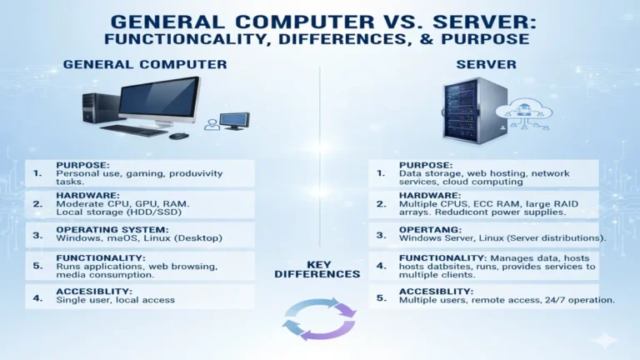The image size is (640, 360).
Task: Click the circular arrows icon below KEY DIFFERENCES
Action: [x=320, y=318]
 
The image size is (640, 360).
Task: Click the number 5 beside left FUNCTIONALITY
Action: [x=37, y=267]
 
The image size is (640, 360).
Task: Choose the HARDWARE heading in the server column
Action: [x=430, y=193]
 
